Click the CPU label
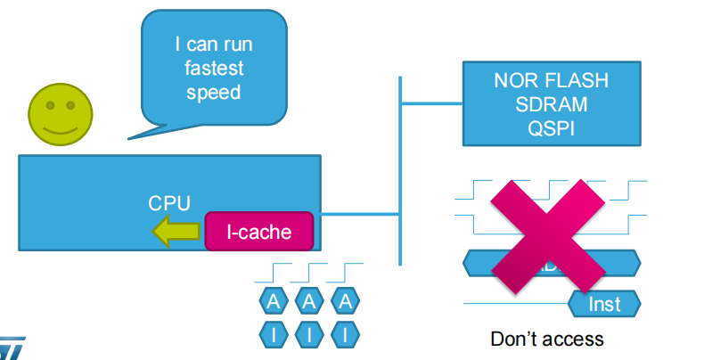coord(169,203)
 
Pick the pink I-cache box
coord(258,232)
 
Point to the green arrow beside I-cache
coord(176,233)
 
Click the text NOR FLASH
coord(551,81)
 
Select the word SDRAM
coord(551,104)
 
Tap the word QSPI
coord(551,127)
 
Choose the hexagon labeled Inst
coord(604,304)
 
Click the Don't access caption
coord(547,339)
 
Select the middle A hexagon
coord(308,301)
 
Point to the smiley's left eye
coord(50,106)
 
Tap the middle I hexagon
coord(308,335)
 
